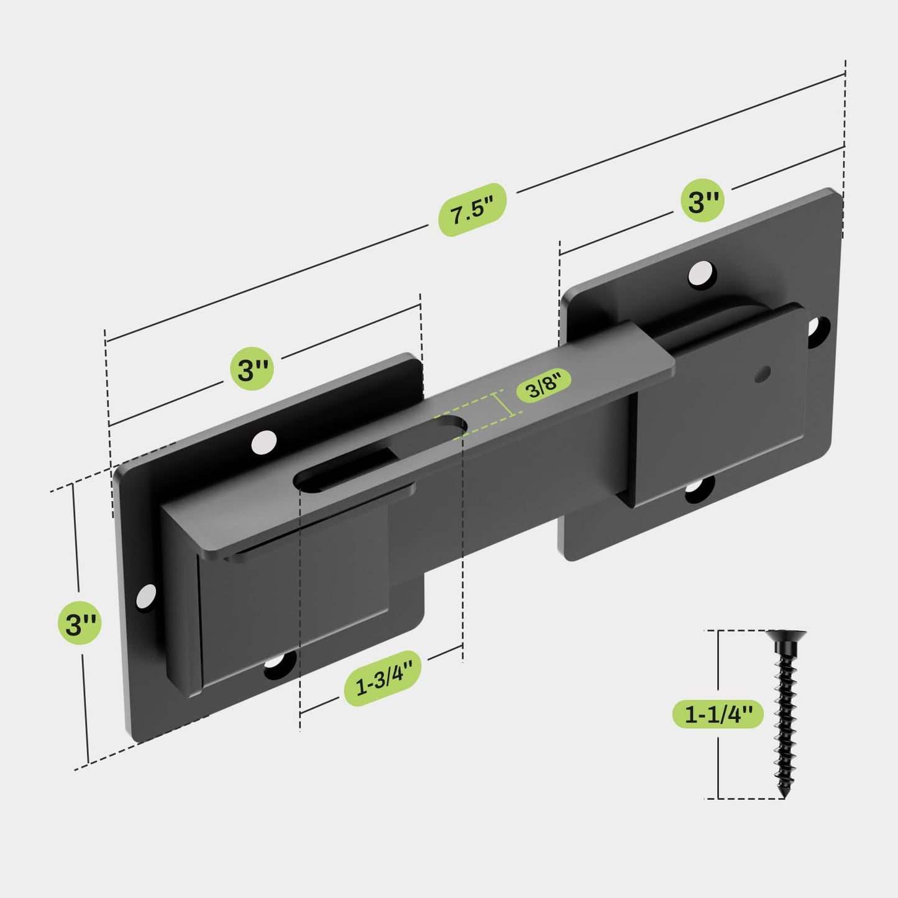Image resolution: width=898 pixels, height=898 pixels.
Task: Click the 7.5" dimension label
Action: pos(472,210)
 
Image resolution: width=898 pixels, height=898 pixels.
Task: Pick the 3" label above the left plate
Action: pos(252,370)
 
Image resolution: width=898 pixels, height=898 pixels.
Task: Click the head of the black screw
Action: pos(786,636)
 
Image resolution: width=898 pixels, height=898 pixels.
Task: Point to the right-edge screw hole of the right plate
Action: pos(818,329)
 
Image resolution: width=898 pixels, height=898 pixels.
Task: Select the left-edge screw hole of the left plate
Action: pos(147,595)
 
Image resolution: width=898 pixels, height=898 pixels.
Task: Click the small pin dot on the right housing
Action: pos(763,373)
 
